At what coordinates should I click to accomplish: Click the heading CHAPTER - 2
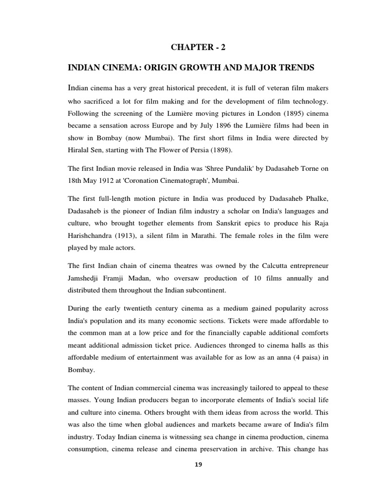[198, 47]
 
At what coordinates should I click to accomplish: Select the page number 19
[198, 464]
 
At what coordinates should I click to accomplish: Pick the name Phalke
[315, 199]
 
